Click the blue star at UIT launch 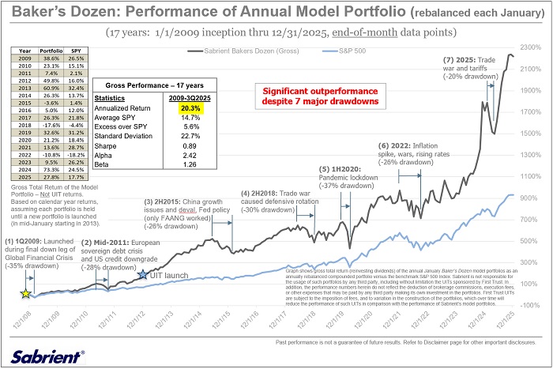[143, 274]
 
